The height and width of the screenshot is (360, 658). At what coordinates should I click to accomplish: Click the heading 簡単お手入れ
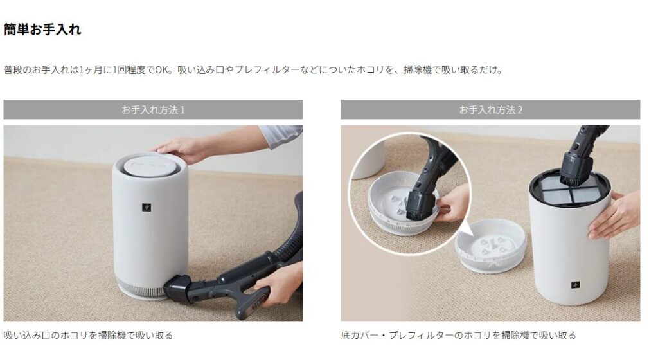[42, 30]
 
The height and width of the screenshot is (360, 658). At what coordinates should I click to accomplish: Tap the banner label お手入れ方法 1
[153, 110]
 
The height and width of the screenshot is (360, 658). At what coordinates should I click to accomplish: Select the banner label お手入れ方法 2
[490, 110]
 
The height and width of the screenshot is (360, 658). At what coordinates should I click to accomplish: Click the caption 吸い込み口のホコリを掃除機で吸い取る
[88, 335]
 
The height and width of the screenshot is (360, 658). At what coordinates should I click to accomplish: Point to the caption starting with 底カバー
[458, 335]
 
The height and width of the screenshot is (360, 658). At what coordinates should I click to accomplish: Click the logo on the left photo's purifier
[146, 207]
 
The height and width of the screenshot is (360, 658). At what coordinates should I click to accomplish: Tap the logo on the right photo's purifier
[576, 285]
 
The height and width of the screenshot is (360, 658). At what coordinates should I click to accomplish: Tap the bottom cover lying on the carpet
[490, 246]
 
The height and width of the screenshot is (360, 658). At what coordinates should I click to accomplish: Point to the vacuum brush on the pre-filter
[576, 172]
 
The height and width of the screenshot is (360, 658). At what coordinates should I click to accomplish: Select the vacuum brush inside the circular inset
[420, 206]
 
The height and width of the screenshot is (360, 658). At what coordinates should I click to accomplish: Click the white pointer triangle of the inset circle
[465, 230]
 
